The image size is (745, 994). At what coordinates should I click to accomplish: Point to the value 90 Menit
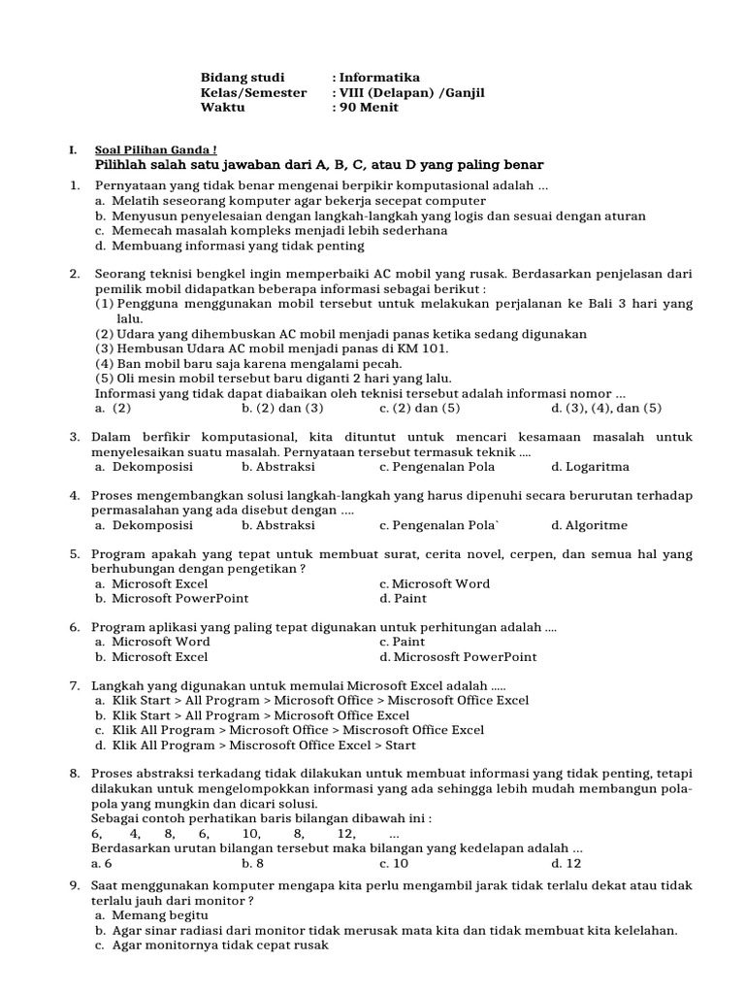(x=369, y=107)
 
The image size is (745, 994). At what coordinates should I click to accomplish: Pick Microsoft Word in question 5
(x=435, y=583)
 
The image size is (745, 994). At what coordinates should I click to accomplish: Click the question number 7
(x=75, y=685)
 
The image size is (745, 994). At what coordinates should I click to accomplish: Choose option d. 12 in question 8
(x=567, y=862)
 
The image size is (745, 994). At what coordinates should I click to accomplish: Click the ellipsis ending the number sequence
(x=394, y=834)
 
